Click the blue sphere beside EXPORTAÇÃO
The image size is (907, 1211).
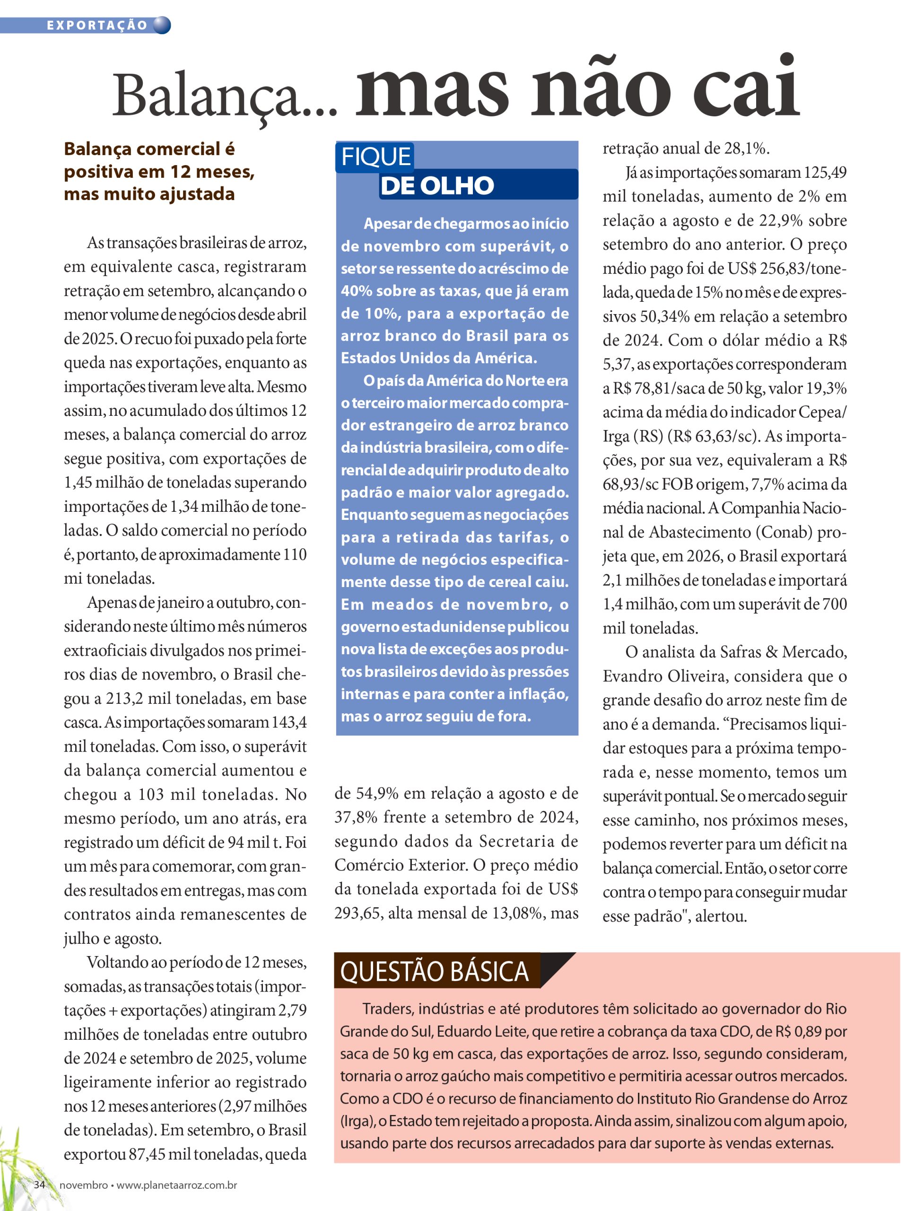tap(162, 25)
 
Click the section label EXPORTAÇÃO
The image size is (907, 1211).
tap(97, 25)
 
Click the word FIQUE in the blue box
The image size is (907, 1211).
tap(375, 157)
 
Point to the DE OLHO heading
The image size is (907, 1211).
tap(437, 185)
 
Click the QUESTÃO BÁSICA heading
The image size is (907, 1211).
tap(435, 972)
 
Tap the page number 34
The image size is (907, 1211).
tap(39, 1184)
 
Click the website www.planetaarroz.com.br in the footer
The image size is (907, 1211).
tap(177, 1185)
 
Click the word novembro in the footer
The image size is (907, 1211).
tap(83, 1185)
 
